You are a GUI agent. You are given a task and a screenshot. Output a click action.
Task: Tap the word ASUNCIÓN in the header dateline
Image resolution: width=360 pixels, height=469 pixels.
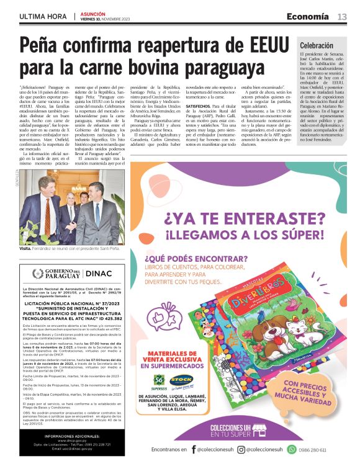(x=92, y=14)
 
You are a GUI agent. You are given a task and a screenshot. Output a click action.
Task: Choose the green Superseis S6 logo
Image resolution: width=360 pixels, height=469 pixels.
(x=161, y=379)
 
